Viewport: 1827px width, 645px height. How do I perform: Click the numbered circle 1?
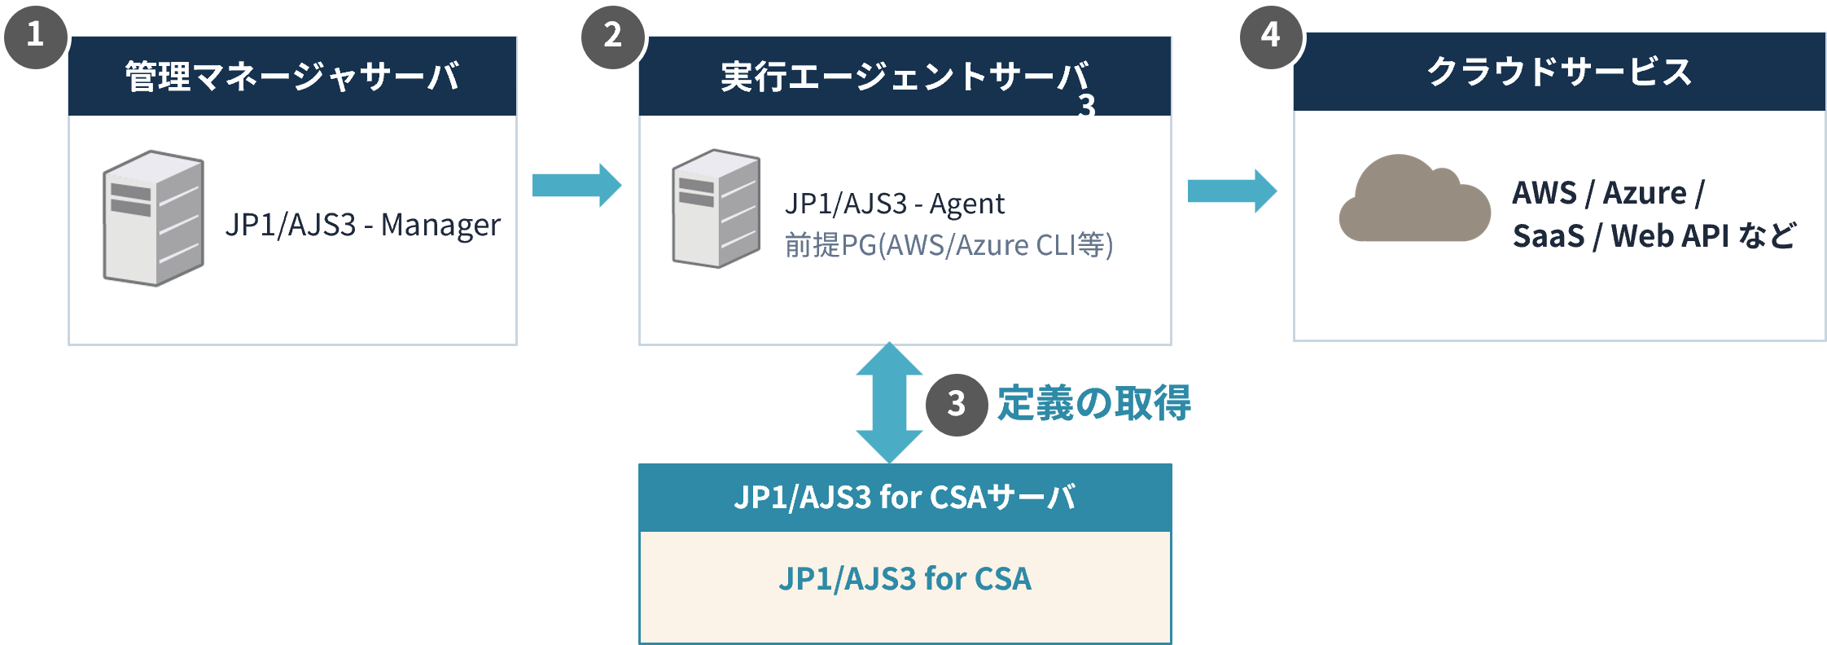pyautogui.click(x=35, y=37)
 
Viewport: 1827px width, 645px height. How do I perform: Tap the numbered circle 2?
pyautogui.click(x=613, y=37)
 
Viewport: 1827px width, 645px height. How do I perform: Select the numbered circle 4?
pyautogui.click(x=1271, y=37)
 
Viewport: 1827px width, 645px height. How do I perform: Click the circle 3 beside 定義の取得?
pyautogui.click(x=957, y=404)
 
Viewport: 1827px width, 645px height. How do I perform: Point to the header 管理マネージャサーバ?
pyautogui.click(x=292, y=77)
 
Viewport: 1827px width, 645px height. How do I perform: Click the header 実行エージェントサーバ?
pyautogui.click(x=905, y=77)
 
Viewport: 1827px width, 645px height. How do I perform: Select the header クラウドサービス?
pyautogui.click(x=1559, y=72)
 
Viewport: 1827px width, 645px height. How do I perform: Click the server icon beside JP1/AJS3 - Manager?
pyautogui.click(x=153, y=217)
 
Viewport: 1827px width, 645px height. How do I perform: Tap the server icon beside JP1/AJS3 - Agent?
pyautogui.click(x=716, y=208)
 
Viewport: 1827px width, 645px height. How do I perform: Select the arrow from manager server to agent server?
pyautogui.click(x=576, y=185)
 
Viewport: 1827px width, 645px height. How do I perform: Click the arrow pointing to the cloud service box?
pyautogui.click(x=1232, y=191)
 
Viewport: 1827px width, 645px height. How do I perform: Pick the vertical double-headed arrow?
pyautogui.click(x=889, y=402)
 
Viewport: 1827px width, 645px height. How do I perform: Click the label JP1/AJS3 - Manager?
pyautogui.click(x=363, y=225)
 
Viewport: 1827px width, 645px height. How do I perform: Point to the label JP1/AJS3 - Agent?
pyautogui.click(x=895, y=204)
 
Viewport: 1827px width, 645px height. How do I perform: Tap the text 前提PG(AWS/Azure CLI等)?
pyautogui.click(x=949, y=245)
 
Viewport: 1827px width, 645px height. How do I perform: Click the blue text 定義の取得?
pyautogui.click(x=1094, y=403)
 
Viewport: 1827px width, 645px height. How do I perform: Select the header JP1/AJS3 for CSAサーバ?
pyautogui.click(x=905, y=497)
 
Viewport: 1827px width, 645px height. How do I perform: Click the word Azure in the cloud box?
pyautogui.click(x=1645, y=193)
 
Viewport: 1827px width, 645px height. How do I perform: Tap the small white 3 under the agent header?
pyautogui.click(x=1087, y=105)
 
